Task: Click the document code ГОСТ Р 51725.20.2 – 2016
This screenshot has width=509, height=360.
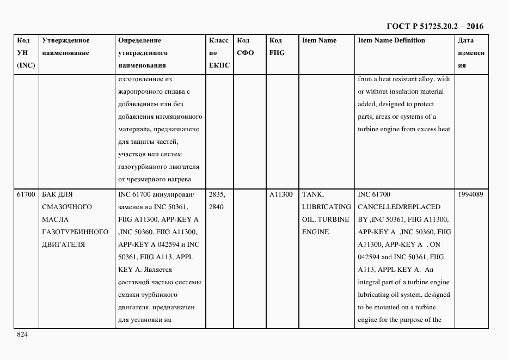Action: (x=435, y=26)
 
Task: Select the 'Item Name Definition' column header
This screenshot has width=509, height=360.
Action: (x=391, y=40)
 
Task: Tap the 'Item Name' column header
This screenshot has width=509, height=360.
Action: (x=319, y=40)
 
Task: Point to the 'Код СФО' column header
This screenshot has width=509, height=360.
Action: (x=246, y=46)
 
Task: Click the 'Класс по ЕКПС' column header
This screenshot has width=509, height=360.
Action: (x=219, y=53)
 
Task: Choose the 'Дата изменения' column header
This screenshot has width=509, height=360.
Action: (x=471, y=53)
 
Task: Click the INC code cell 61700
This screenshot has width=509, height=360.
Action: (x=26, y=194)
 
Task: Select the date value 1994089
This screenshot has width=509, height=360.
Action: (x=471, y=194)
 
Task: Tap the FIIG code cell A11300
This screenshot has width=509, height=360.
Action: (x=281, y=194)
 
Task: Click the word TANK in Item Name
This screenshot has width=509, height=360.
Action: (x=312, y=194)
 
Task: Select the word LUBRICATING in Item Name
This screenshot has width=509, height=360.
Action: (x=326, y=207)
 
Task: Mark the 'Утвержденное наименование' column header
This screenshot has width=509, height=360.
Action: (x=65, y=46)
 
